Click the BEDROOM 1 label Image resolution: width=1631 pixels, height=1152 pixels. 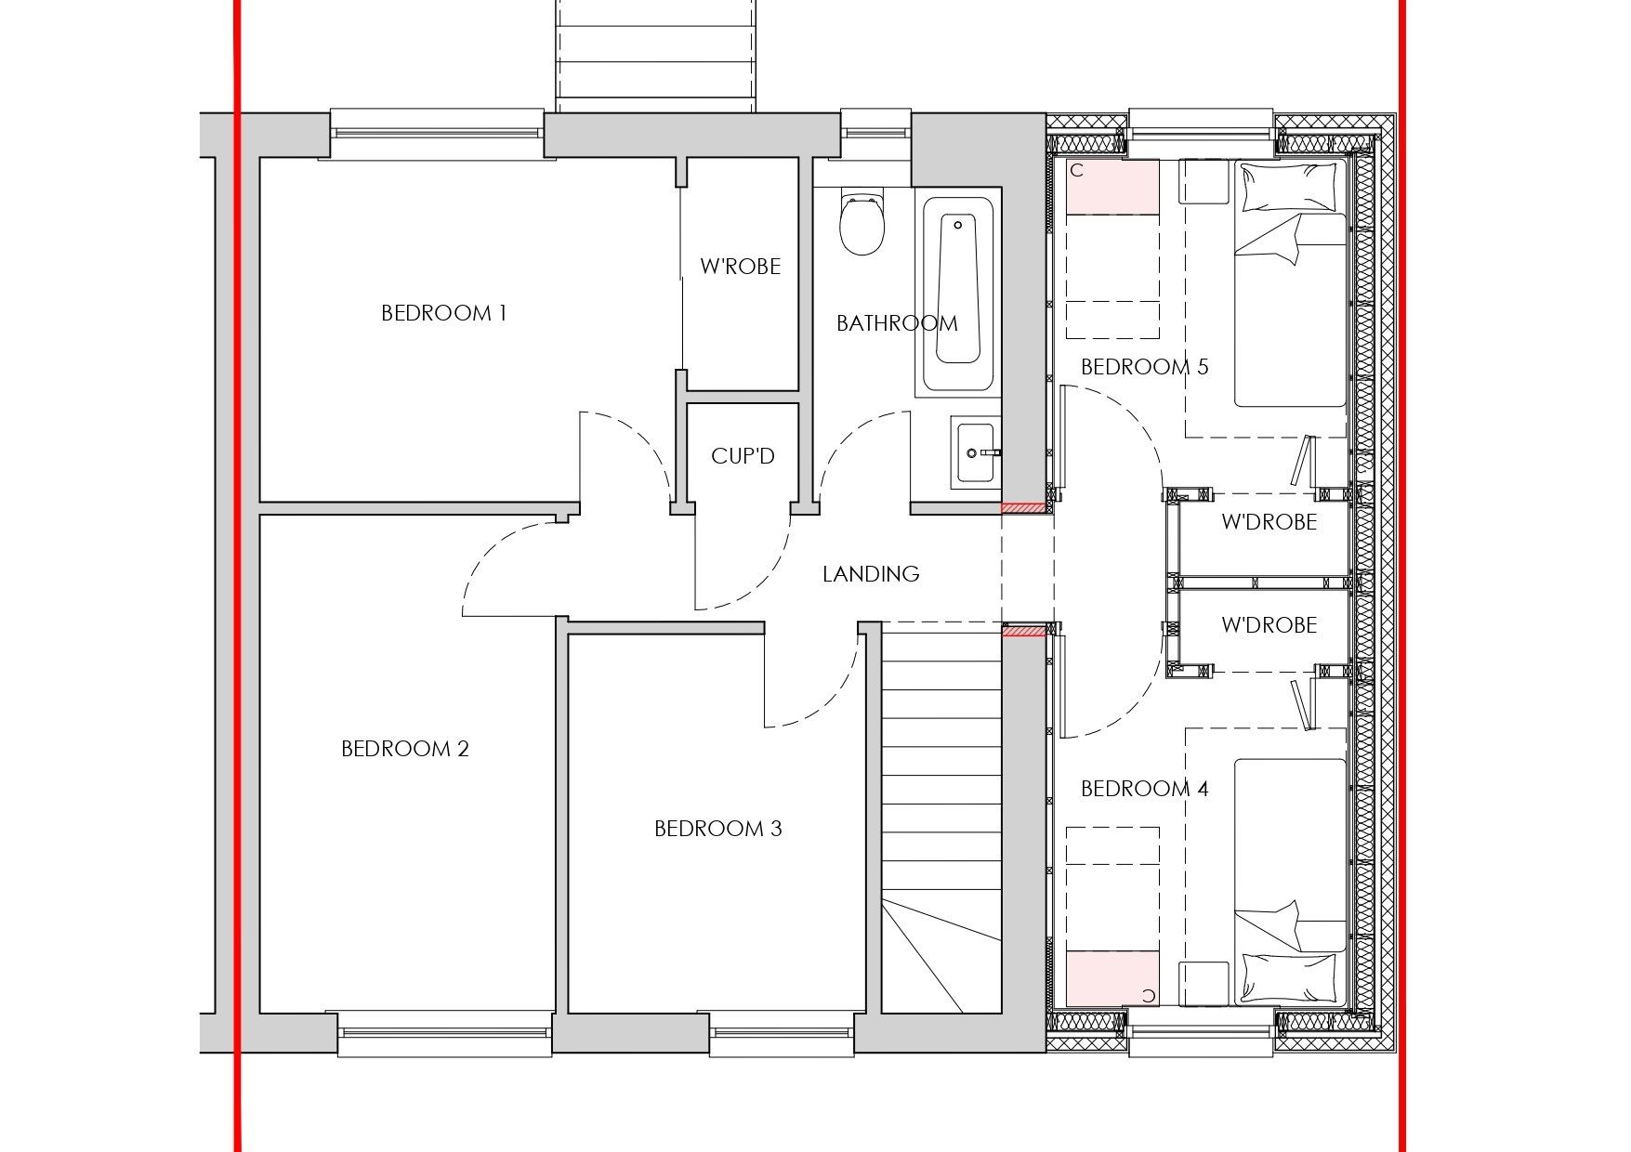[x=443, y=313]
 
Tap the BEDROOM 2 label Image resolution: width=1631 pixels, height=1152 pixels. [x=405, y=749]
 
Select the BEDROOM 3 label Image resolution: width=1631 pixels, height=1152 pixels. [x=718, y=829]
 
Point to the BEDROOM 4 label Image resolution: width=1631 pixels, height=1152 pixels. [x=1145, y=789]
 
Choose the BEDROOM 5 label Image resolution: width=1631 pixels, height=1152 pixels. [x=1145, y=367]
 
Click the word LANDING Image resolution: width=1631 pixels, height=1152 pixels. [x=871, y=574]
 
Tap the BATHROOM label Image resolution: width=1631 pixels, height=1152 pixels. [x=897, y=323]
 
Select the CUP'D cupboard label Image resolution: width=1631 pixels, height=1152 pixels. [x=743, y=456]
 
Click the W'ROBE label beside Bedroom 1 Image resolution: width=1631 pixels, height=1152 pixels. [x=741, y=267]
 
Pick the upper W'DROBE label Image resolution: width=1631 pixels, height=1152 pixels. [x=1269, y=522]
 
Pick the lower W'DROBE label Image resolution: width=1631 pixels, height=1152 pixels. [x=1269, y=625]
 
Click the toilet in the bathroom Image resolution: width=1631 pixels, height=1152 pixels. [x=861, y=223]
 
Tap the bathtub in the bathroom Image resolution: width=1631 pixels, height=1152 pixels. [x=958, y=292]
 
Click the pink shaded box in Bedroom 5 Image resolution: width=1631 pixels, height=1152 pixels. [x=1112, y=188]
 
